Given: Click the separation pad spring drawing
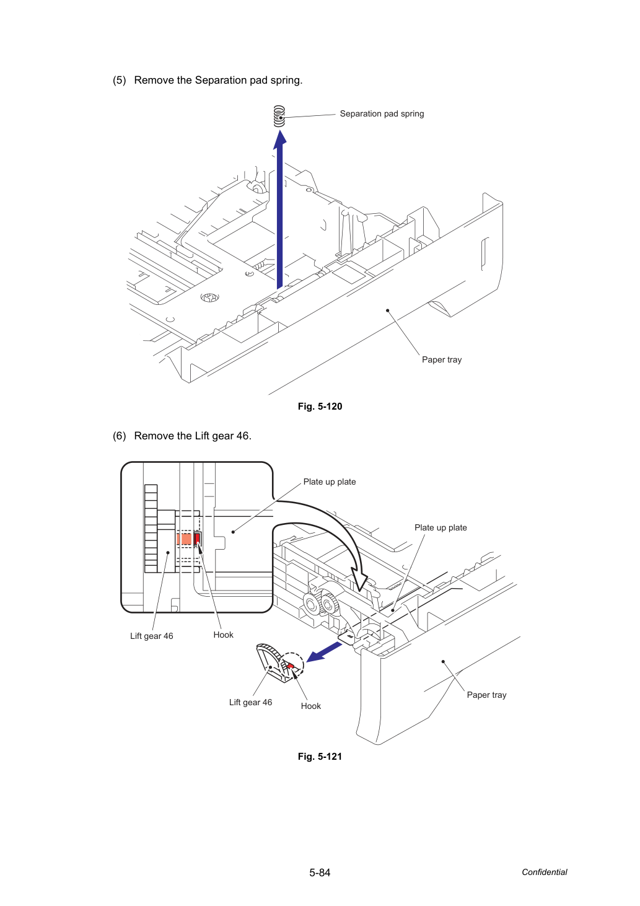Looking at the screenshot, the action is point(279,117).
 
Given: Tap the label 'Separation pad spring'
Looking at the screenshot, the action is point(382,113).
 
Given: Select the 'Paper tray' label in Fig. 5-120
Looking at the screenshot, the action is point(442,359).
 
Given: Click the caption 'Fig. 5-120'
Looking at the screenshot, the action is point(320,407).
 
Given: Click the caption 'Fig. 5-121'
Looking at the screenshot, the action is point(320,757).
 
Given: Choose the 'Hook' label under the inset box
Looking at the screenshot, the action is point(223,635).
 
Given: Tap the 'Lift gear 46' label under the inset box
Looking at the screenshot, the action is point(152,636).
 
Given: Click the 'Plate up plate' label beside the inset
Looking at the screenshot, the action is point(330,482).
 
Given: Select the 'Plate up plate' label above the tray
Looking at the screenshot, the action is point(441,527).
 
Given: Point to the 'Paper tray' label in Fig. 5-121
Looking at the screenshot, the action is point(486,695).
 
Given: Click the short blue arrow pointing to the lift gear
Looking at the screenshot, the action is point(323,653).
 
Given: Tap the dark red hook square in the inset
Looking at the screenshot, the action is point(197,539).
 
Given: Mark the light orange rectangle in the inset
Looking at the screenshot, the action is point(184,539).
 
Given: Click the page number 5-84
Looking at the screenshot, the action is point(320,873).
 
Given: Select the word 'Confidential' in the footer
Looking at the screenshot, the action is point(544,872).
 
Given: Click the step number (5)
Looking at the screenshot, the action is point(120,80).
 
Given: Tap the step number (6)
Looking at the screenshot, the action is point(120,436).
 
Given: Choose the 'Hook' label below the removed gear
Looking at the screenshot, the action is point(310,706).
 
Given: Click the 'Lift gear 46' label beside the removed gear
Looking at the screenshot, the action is point(251,702).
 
